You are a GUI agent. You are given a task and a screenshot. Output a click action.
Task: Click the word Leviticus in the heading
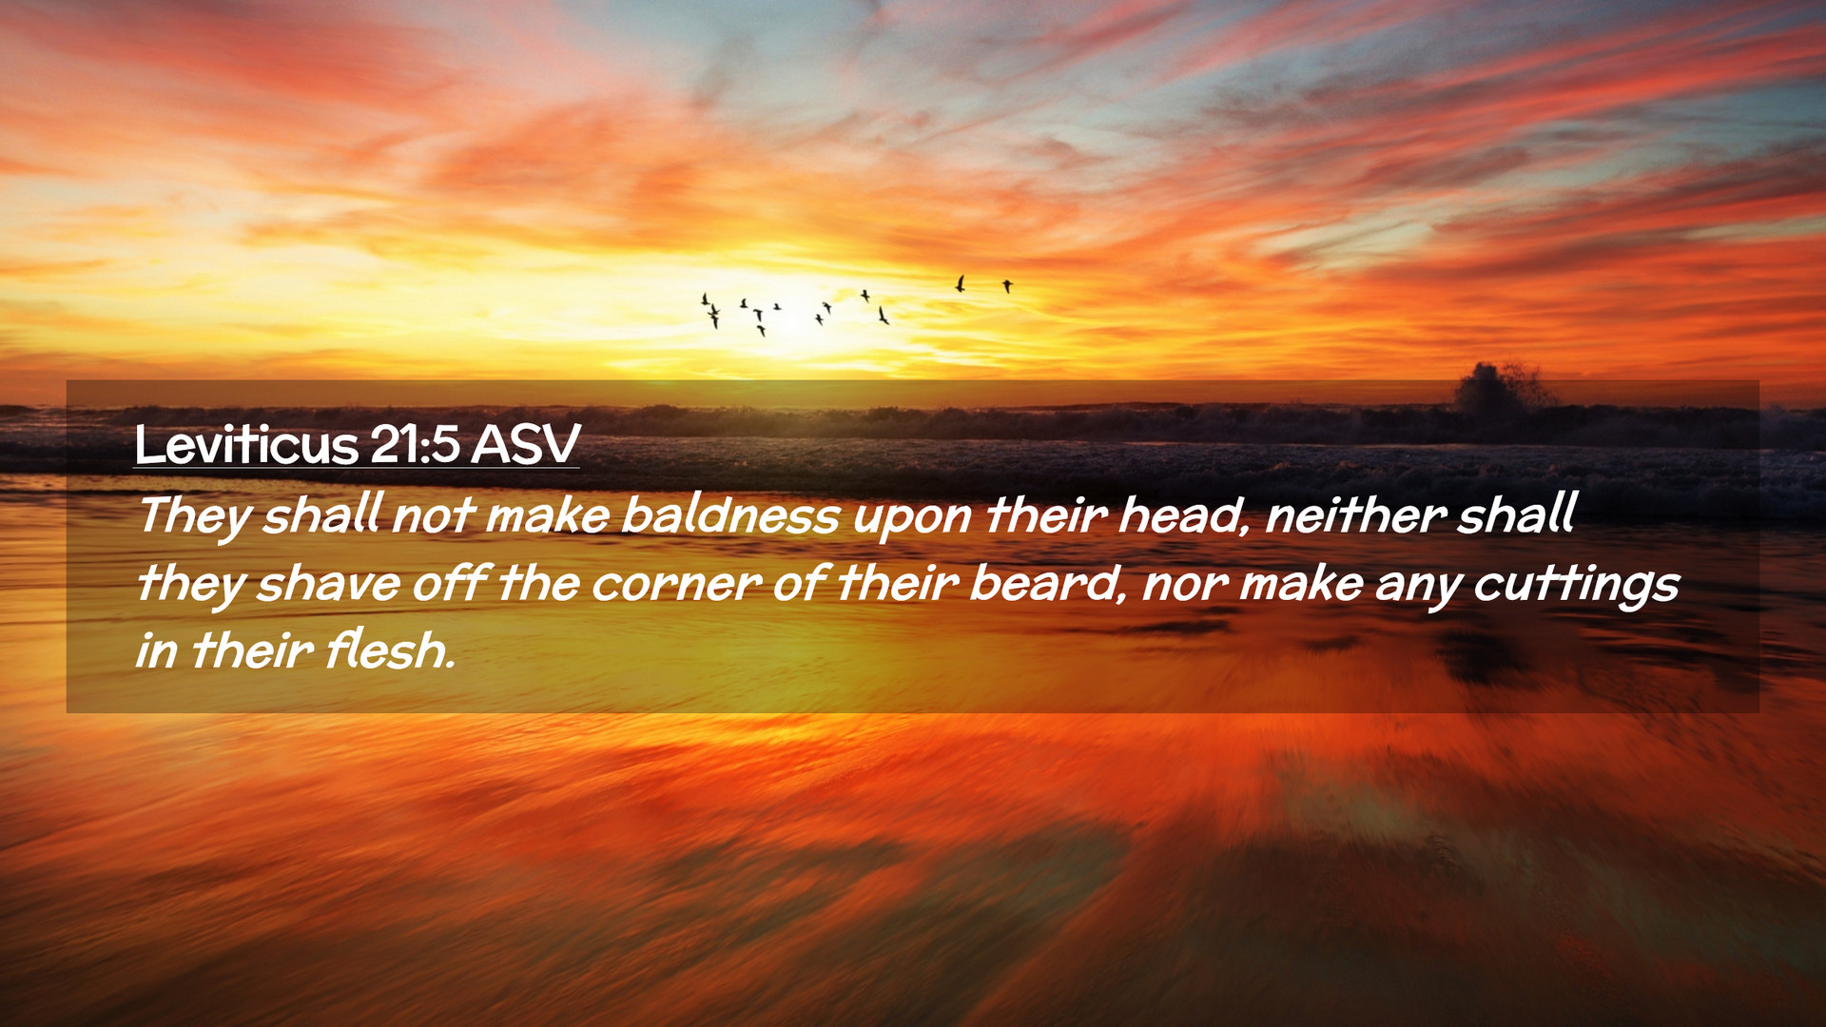[246, 444]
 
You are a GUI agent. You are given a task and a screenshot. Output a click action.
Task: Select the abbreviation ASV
[525, 444]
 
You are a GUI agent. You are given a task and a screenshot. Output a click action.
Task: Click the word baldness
[730, 514]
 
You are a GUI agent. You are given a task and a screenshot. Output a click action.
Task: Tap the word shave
[328, 583]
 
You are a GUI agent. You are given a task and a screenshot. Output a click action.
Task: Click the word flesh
[390, 650]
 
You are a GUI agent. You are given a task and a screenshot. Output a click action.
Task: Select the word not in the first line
[433, 516]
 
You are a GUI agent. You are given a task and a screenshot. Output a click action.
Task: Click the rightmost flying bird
[1007, 285]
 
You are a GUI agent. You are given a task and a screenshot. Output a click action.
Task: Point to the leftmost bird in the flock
[705, 300]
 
